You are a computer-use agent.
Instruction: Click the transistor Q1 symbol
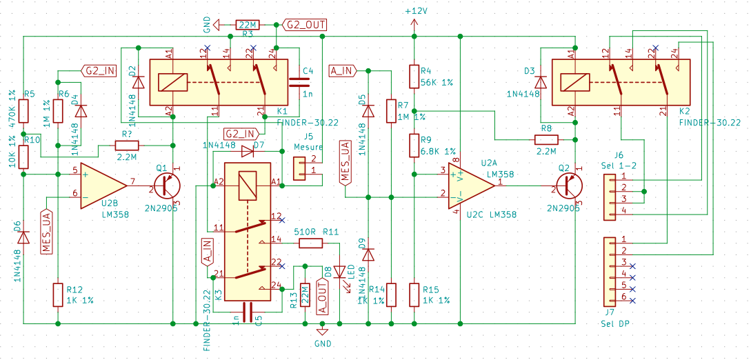pyautogui.click(x=167, y=187)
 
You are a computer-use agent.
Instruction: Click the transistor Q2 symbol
pyautogui.click(x=568, y=187)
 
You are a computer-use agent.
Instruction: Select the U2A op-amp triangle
pyautogui.click(x=477, y=183)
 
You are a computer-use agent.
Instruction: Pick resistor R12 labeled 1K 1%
pyautogui.click(x=58, y=294)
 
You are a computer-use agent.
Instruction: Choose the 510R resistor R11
pyautogui.click(x=311, y=243)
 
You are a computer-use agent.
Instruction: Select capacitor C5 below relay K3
pyautogui.click(x=246, y=309)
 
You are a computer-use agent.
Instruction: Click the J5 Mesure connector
pyautogui.click(x=301, y=168)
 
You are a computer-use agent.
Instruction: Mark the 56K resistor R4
pyautogui.click(x=414, y=77)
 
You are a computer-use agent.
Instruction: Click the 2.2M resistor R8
pyautogui.click(x=546, y=139)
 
